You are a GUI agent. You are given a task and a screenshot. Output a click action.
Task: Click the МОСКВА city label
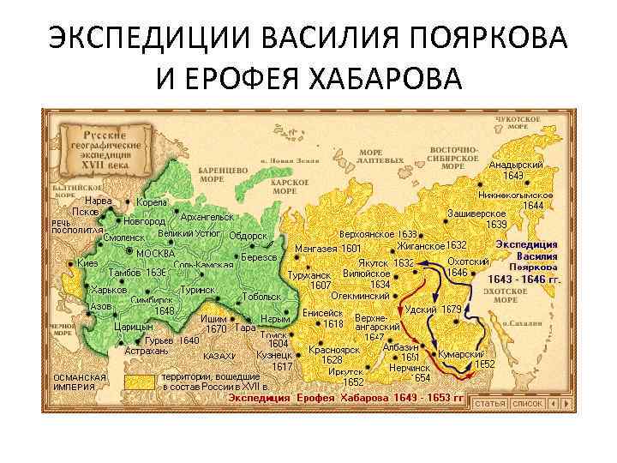coord(155,253)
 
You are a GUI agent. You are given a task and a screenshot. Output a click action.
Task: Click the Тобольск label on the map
coord(262,297)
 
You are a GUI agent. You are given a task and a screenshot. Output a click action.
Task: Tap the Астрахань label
coord(147,352)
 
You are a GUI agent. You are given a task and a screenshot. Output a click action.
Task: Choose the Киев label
coord(87,262)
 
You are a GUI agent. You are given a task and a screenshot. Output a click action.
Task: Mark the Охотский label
coord(468,262)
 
